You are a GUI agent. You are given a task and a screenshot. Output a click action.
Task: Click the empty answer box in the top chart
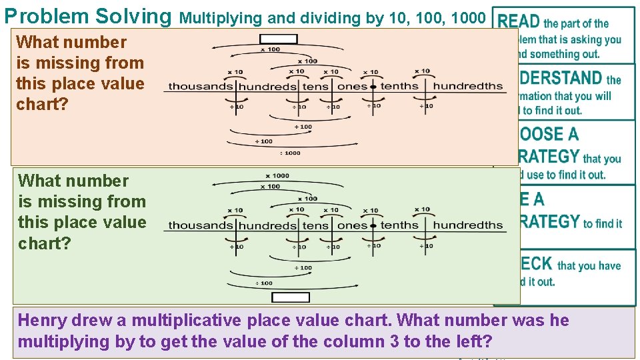coord(278,38)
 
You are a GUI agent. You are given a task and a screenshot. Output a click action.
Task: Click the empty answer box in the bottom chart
coord(291,297)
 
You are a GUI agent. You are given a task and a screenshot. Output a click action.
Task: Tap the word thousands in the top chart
coord(200,86)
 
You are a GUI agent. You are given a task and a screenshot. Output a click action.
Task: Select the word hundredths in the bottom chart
coord(468,225)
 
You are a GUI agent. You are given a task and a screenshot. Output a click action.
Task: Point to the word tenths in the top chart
coord(399,86)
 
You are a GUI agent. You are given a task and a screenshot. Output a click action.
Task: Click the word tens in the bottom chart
coord(316,225)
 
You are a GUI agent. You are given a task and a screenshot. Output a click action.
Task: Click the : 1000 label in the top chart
coord(290,153)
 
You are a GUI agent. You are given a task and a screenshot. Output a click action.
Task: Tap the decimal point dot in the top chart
coord(373,87)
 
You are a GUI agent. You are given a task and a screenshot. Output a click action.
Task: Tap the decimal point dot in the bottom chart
coord(373,225)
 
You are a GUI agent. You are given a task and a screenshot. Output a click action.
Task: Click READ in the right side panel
coord(519,23)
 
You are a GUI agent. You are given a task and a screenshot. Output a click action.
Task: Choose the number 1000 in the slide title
coord(468,17)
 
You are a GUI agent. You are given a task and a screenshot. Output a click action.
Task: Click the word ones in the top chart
coord(353,87)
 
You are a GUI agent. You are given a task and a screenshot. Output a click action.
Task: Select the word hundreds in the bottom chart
coord(267,225)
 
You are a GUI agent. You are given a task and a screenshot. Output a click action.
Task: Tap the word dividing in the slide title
coord(331,17)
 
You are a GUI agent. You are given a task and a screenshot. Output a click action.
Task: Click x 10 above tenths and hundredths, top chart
coord(422,71)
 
